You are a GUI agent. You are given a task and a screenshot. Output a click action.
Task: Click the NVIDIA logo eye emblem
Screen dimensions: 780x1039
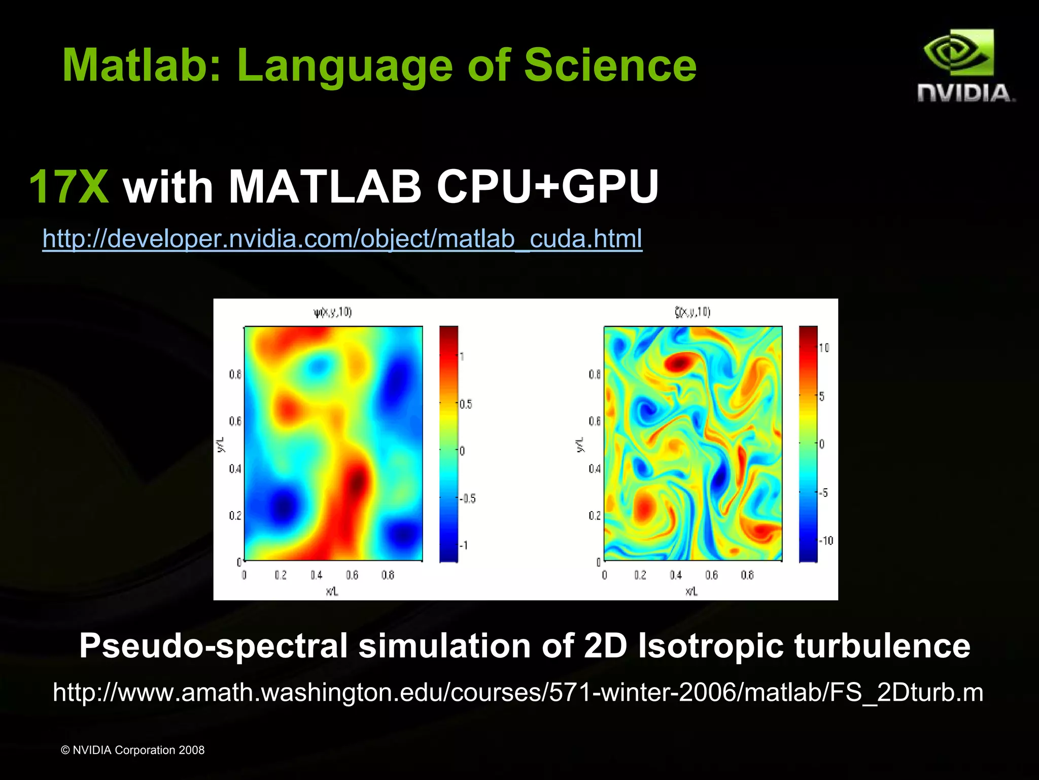[x=958, y=53]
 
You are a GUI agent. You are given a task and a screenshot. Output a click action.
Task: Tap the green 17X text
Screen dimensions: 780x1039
[x=69, y=187]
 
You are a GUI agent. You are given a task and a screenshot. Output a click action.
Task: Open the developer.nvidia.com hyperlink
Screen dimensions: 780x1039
[x=342, y=239]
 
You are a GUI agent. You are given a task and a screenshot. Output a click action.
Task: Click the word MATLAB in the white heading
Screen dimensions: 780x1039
[x=325, y=187]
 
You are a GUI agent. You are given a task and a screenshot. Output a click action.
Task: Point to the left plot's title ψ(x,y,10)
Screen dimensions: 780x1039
[x=333, y=312]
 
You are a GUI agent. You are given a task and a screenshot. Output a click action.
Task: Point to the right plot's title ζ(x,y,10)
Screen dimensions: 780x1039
[x=692, y=312]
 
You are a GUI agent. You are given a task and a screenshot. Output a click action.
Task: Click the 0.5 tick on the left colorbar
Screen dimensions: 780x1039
[x=465, y=404]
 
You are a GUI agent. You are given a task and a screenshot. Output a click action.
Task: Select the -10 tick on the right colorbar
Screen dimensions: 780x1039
[x=826, y=541]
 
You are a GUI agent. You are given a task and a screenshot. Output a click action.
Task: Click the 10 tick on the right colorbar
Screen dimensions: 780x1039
[x=824, y=348]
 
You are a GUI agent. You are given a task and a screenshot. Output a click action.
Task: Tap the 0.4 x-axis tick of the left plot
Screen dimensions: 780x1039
[x=316, y=575]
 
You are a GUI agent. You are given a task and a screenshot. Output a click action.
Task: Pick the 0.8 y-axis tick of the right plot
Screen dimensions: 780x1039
[x=595, y=375]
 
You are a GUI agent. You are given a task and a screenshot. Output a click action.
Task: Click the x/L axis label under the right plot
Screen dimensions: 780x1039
[x=691, y=591]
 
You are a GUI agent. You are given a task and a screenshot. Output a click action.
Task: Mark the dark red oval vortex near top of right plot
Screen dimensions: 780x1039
[x=679, y=362]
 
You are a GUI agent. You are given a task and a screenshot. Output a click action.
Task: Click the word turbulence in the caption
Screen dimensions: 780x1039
[x=882, y=646]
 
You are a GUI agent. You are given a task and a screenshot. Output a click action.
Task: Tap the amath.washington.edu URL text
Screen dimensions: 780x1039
[x=517, y=692]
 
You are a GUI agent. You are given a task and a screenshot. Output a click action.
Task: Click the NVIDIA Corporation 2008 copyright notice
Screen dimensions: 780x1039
[x=132, y=750]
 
